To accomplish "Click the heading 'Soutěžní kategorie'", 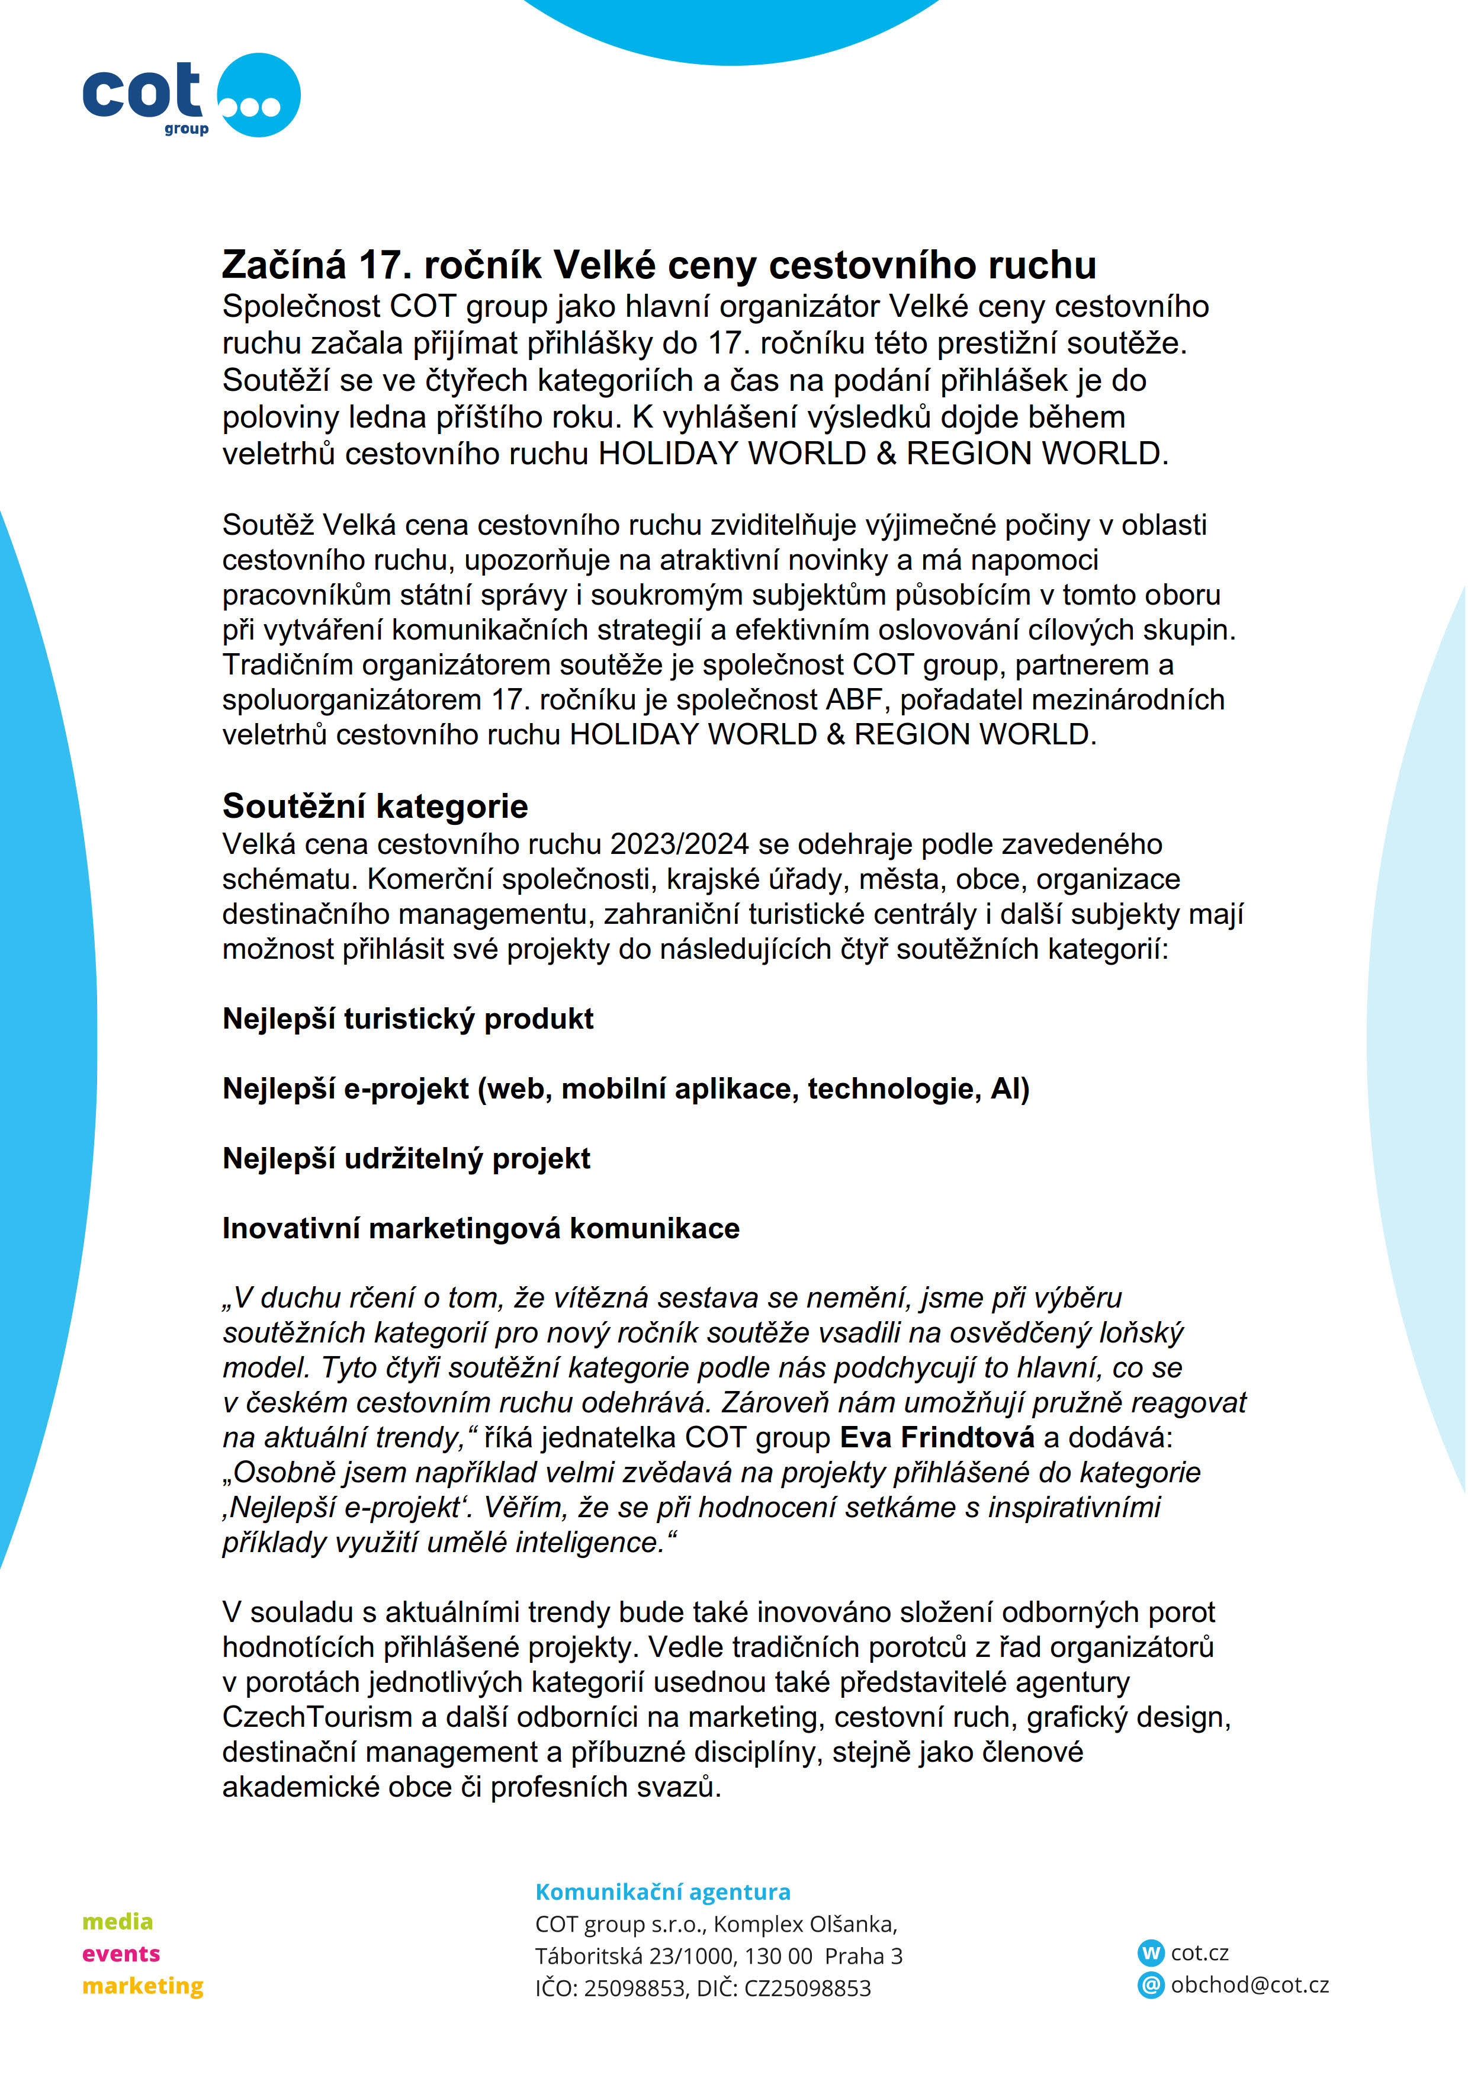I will (x=375, y=806).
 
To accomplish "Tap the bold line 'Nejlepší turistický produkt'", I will (x=407, y=1019).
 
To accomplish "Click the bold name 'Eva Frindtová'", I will (x=936, y=1438).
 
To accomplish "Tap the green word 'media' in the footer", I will (x=117, y=1922).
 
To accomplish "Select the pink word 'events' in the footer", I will (x=121, y=1954).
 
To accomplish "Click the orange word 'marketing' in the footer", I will (x=143, y=1986).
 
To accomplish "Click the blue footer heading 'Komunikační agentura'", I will (x=663, y=1891).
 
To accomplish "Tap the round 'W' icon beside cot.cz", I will (x=1151, y=1953).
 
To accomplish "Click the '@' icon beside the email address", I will (x=1151, y=1984).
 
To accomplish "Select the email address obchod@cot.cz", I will (x=1249, y=1984).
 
